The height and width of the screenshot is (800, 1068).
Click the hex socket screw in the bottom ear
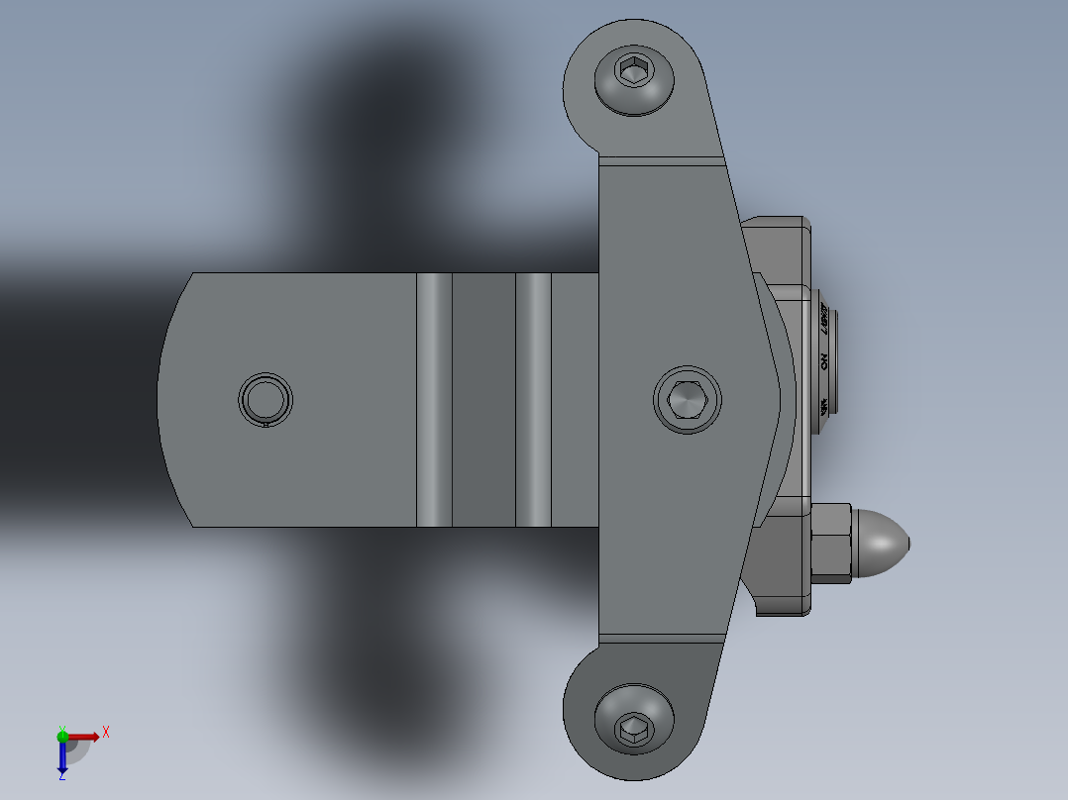point(633,731)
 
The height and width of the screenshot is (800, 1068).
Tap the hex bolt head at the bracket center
point(688,400)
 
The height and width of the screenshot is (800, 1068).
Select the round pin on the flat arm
point(266,399)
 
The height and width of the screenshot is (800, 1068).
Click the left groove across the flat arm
point(434,400)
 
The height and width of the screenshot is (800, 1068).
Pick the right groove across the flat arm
point(533,400)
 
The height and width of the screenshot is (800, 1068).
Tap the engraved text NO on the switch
point(823,362)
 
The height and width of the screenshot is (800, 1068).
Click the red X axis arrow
point(85,737)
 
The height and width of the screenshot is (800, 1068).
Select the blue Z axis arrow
point(62,758)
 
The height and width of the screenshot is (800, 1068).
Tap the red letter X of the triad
point(105,732)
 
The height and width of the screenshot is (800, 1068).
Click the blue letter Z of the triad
point(61,777)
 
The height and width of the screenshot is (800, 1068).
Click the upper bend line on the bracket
point(662,158)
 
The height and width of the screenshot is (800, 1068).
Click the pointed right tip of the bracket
point(779,398)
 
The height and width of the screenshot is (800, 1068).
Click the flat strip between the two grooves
point(483,400)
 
